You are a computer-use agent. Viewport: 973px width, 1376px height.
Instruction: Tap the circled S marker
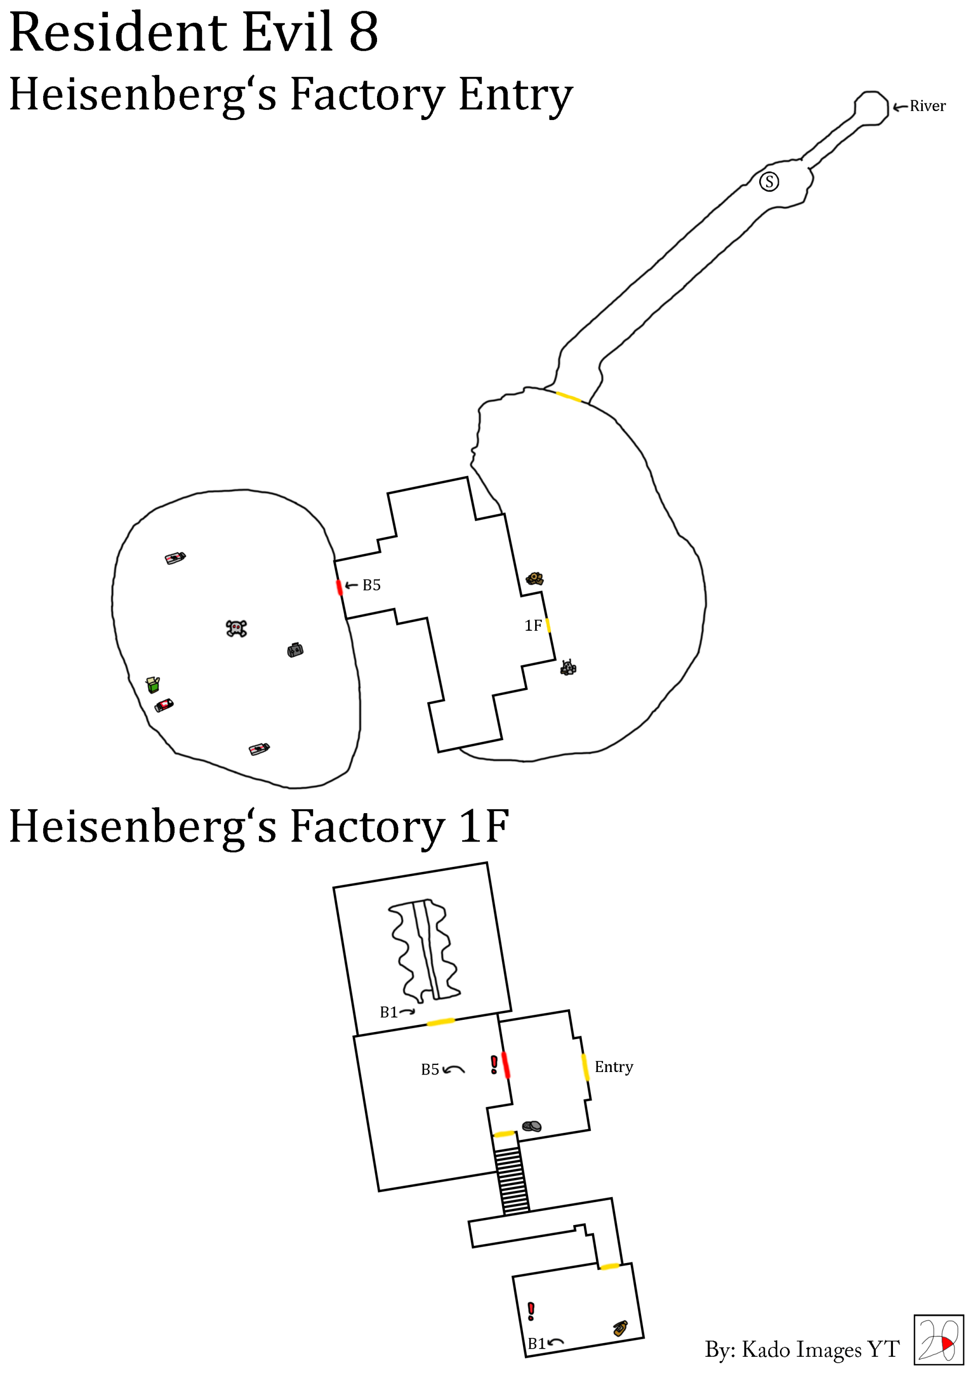pos(769,181)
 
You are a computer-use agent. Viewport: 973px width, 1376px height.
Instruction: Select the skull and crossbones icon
pos(236,628)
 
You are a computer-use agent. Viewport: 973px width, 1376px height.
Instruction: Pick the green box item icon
pos(153,684)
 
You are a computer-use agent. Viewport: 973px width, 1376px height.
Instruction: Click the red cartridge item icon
pos(164,705)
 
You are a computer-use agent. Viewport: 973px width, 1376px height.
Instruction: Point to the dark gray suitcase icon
pos(295,649)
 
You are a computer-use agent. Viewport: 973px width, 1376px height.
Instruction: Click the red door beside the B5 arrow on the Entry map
pos(340,587)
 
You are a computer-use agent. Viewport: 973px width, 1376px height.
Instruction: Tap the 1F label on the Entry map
pos(533,626)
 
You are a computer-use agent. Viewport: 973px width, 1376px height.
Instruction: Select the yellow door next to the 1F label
pos(548,625)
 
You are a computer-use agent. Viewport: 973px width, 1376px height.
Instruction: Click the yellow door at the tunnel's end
pos(568,397)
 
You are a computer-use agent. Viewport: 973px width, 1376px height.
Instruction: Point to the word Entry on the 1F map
pos(613,1067)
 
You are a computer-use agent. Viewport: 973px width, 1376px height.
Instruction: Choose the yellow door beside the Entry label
pos(585,1067)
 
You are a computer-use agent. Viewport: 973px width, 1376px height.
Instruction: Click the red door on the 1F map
pos(505,1065)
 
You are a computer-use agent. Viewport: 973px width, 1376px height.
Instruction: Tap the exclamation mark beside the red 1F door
pos(494,1064)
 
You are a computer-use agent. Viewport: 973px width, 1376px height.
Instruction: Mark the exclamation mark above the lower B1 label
pos(531,1311)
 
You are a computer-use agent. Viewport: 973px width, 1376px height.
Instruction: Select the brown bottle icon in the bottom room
pos(620,1328)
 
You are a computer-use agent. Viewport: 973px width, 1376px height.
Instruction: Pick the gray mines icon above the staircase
pos(531,1126)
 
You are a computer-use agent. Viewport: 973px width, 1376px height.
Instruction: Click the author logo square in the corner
pos(938,1340)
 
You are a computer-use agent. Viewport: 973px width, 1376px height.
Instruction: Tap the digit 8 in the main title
pos(363,32)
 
